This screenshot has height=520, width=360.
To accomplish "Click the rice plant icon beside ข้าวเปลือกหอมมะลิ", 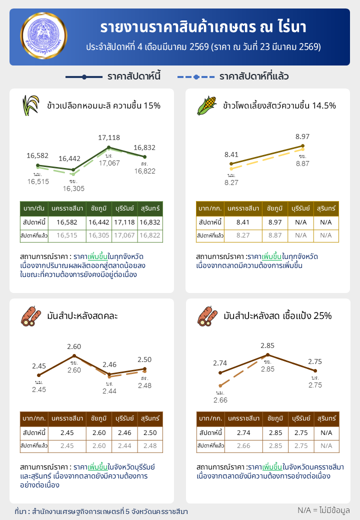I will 30,105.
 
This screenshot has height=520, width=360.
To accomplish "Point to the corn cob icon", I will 206,105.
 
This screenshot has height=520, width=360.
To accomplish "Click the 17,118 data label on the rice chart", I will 109,137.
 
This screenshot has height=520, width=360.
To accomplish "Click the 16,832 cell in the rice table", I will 150,222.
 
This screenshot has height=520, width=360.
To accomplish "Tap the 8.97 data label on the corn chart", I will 302,136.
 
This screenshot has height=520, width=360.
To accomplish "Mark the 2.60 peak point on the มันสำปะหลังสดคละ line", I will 74,355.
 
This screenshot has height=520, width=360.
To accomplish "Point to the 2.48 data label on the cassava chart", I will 144,385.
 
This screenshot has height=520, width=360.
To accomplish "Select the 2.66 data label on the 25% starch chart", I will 220,400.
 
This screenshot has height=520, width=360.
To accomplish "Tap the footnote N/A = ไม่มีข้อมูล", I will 323,510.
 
